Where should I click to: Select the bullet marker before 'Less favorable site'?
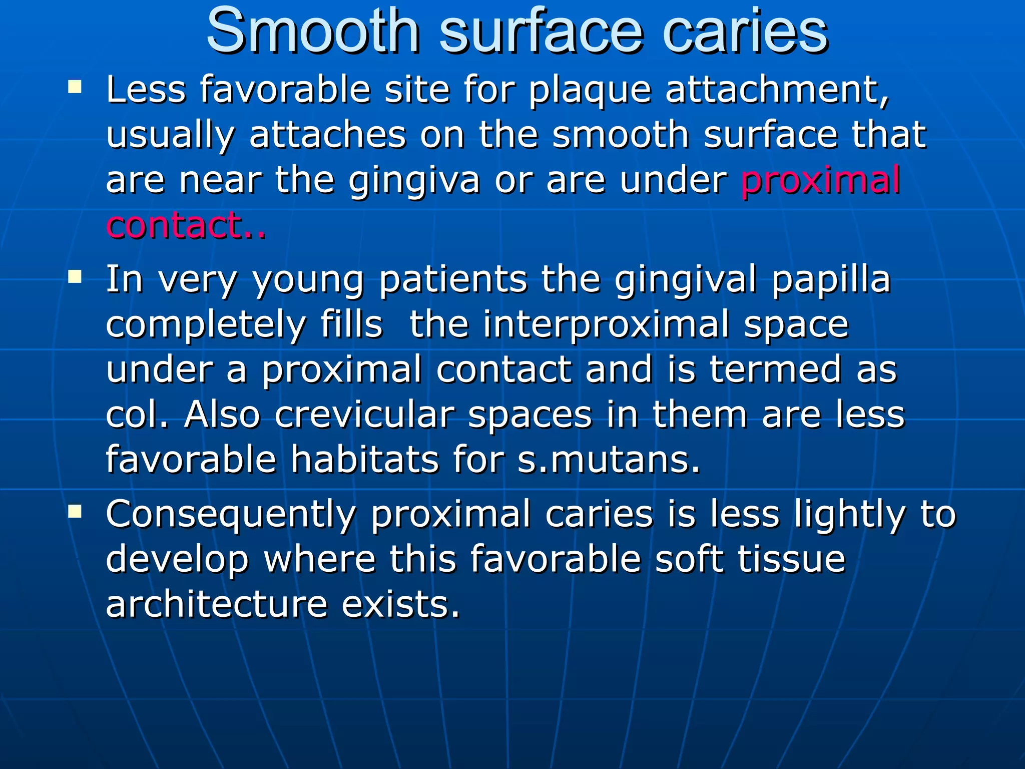tap(75, 88)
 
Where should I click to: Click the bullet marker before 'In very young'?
tap(75, 277)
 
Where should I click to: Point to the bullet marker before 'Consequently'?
tap(75, 511)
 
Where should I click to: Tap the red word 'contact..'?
tap(186, 225)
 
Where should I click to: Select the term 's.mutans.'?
tap(609, 459)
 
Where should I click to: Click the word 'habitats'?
tap(364, 459)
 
